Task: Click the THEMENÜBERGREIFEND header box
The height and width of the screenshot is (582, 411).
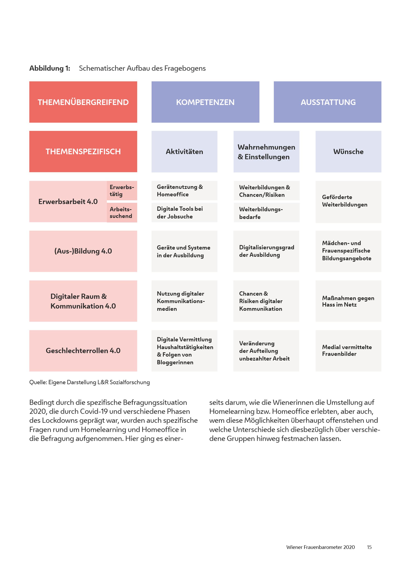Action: pos(83,102)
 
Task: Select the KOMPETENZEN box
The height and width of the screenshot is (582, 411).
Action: pos(205,102)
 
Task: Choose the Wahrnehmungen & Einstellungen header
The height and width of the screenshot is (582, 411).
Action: pos(266,152)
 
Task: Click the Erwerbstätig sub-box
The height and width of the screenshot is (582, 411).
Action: pos(122,191)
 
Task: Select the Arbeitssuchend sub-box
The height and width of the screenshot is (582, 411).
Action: pos(122,212)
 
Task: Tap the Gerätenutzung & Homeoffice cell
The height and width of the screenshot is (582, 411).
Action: pos(184,191)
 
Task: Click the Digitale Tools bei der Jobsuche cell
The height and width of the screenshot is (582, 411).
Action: pos(184,212)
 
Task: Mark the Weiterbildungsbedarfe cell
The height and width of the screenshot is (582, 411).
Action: pos(267,213)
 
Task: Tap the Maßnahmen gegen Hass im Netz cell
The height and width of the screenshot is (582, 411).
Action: pos(348,301)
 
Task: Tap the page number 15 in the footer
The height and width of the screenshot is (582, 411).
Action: pos(369,547)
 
